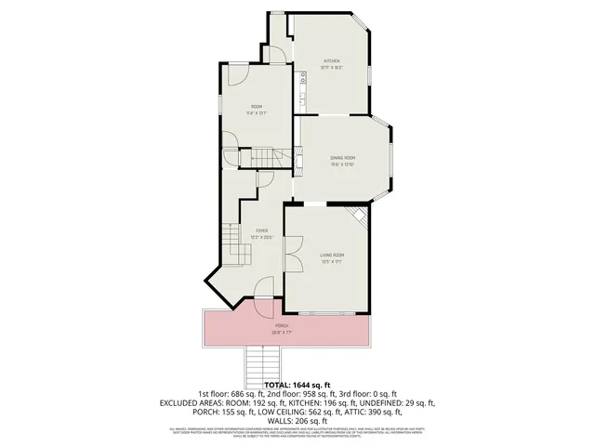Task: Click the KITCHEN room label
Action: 332,60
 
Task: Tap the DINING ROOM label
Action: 343,158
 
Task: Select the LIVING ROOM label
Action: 332,255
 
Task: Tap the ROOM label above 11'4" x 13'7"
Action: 257,107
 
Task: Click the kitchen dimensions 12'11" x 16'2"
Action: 332,67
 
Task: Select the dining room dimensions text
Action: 343,164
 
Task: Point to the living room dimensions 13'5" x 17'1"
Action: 332,261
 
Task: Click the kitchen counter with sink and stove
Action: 303,88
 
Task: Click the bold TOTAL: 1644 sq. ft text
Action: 297,385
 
